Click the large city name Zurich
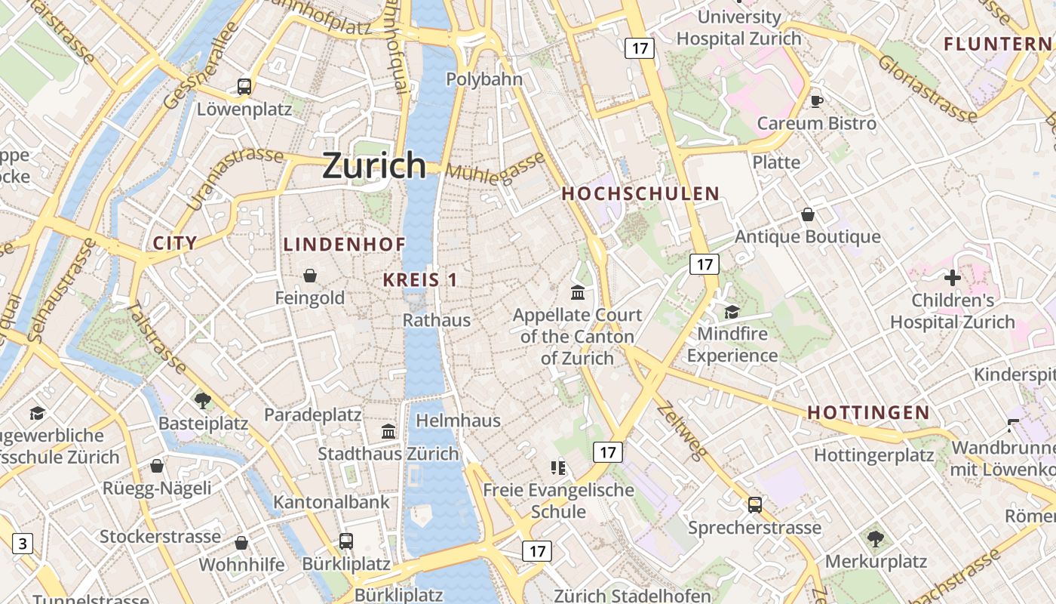tap(374, 165)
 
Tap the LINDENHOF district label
tap(345, 244)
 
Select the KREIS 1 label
tap(420, 279)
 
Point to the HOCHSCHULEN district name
tap(640, 193)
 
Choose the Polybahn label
tap(484, 79)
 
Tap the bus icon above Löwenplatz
tap(244, 86)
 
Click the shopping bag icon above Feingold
tap(309, 276)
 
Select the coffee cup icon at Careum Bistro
tap(816, 100)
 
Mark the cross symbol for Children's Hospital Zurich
tap(953, 277)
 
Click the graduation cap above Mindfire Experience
tap(732, 311)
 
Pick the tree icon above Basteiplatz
tap(202, 400)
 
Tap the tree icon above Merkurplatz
tap(875, 538)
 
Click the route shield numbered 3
tap(23, 543)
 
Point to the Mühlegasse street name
tap(495, 166)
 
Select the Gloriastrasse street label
tap(927, 88)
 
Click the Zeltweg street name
tap(682, 430)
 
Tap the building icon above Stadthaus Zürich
tap(388, 431)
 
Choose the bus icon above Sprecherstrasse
tap(754, 504)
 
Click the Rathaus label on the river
tap(437, 319)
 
